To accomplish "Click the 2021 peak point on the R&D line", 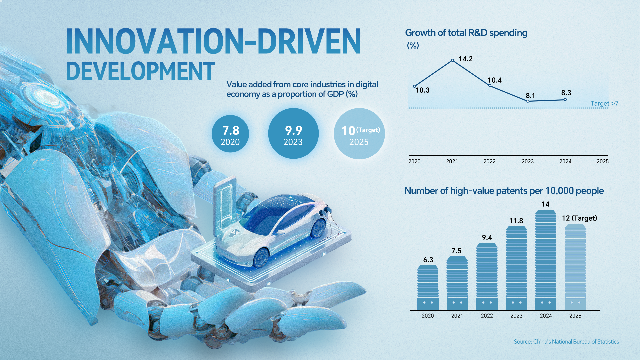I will click(452, 60).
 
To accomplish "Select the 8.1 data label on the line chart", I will click(530, 96).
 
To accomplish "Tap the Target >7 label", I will click(604, 103).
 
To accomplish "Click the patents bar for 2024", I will click(545, 260).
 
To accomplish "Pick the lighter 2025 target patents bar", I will click(575, 267).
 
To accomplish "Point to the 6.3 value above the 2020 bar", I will click(428, 260).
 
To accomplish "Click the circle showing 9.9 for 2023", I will click(293, 134).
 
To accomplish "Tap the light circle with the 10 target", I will click(359, 134).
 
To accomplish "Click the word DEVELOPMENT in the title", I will click(140, 71).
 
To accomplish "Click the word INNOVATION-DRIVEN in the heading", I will click(213, 41).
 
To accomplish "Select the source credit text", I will click(566, 342).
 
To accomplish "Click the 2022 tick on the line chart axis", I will click(489, 161).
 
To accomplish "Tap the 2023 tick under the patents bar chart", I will click(516, 316).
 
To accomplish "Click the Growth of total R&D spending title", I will click(466, 33).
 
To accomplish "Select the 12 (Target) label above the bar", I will click(579, 218).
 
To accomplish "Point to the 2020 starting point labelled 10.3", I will click(414, 86).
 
